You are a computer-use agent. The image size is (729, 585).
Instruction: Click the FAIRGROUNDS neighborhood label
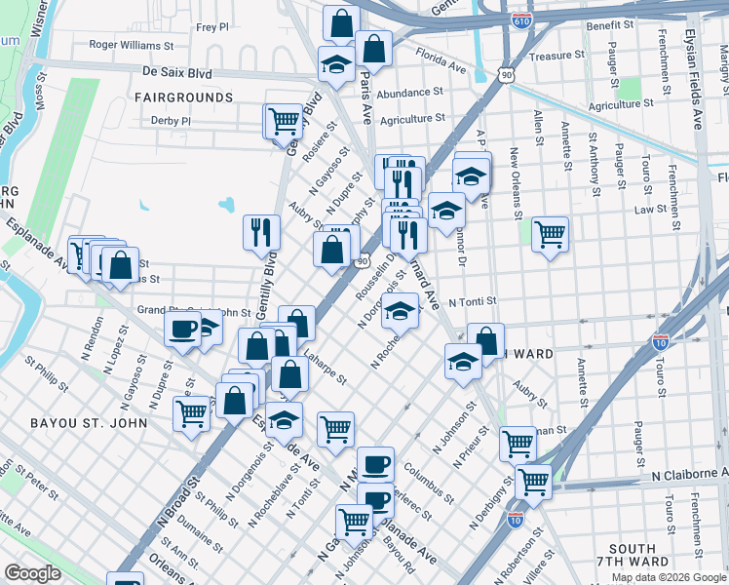[x=184, y=97]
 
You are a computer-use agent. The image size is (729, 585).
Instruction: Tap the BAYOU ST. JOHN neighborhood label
[x=89, y=423]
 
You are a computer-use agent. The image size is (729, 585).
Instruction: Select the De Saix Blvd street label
[x=176, y=71]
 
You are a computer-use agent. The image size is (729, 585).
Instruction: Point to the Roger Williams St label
[x=131, y=45]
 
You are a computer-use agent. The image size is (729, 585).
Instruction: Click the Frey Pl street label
[x=211, y=28]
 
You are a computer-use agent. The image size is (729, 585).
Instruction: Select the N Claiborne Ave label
[x=689, y=474]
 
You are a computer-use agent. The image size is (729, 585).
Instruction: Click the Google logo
[x=33, y=573]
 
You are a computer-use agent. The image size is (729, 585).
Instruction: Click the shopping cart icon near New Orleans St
[x=551, y=234]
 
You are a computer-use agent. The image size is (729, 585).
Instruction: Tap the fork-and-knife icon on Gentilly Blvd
[x=261, y=232]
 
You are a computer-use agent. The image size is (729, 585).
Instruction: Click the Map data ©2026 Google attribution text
[x=668, y=577]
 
